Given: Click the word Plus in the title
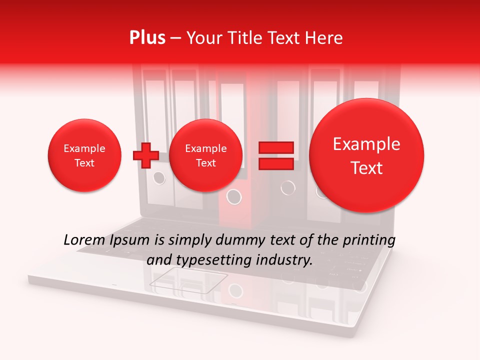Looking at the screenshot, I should (x=147, y=38).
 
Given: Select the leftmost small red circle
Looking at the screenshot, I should (x=84, y=155).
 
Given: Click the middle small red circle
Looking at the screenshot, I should (x=205, y=155).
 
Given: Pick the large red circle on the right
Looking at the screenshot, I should (x=366, y=155).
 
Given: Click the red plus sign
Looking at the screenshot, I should (x=145, y=155).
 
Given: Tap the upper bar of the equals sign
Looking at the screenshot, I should (x=276, y=147).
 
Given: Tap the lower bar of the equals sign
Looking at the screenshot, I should (x=276, y=164).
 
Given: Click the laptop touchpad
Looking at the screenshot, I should (x=188, y=279).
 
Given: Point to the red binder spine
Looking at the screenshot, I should (x=233, y=210).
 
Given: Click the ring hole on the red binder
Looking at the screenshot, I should (x=234, y=196).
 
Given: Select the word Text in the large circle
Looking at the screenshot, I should (x=366, y=168).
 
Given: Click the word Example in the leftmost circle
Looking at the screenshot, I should (x=84, y=148).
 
